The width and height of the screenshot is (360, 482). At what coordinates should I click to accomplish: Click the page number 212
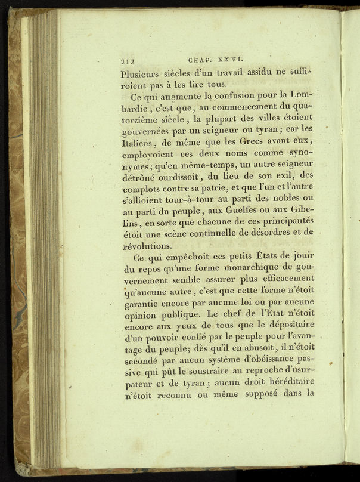tap(129, 60)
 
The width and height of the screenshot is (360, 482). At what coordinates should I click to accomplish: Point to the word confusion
tap(238, 95)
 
